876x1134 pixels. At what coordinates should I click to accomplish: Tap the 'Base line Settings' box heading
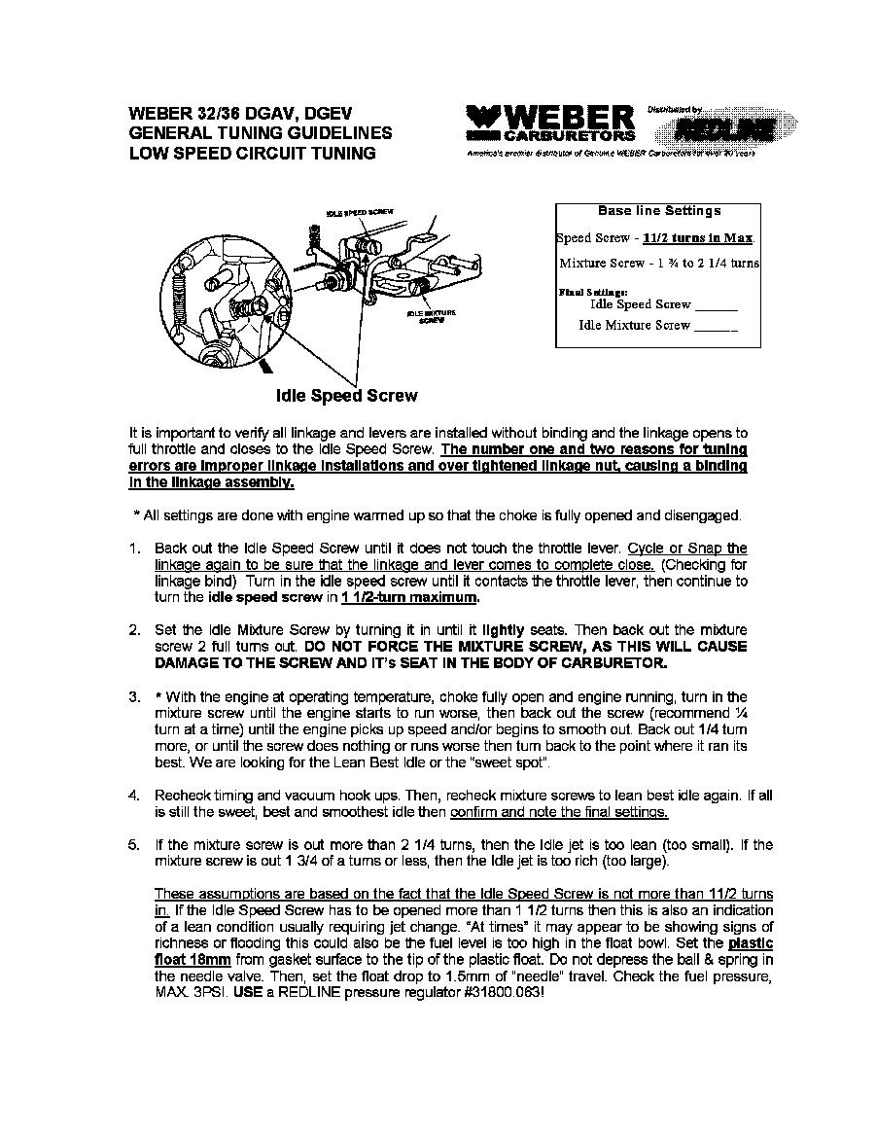(x=658, y=211)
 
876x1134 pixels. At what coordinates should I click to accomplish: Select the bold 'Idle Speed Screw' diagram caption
(x=347, y=396)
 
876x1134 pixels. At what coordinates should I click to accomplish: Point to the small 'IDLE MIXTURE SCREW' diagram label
(x=431, y=316)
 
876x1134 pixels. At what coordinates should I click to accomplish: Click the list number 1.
(x=134, y=549)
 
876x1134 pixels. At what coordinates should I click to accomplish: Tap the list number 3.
(x=134, y=697)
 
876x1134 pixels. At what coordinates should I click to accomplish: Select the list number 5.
(x=134, y=845)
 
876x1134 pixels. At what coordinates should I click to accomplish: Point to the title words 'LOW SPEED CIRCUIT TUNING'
(x=252, y=154)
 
